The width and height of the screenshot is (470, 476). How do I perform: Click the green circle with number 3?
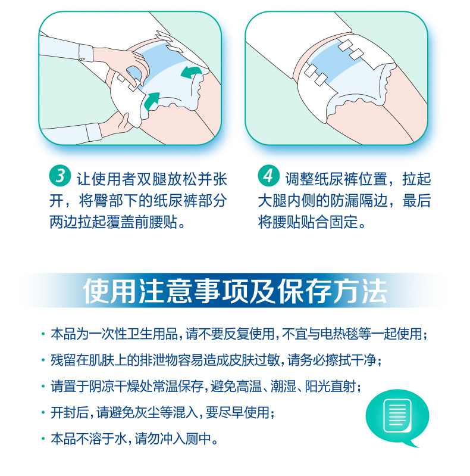(x=60, y=176)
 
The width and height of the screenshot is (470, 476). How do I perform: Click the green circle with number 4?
(x=269, y=176)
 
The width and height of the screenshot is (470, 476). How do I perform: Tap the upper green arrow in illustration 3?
(x=191, y=73)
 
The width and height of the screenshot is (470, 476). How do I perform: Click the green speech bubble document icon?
(x=397, y=418)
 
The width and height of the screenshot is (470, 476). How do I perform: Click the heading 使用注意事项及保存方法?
(x=235, y=291)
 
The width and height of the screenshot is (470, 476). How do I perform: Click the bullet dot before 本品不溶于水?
(x=43, y=439)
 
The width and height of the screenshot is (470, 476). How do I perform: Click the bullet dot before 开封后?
(x=43, y=413)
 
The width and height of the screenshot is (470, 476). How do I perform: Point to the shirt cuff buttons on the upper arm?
(x=83, y=58)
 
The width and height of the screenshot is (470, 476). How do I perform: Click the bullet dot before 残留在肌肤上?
(x=43, y=360)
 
